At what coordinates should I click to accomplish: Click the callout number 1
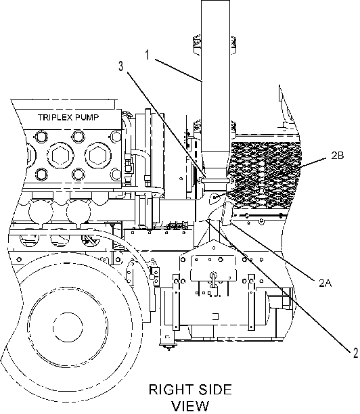(x=148, y=55)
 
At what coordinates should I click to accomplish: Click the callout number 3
(x=120, y=66)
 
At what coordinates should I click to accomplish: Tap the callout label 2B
(x=337, y=156)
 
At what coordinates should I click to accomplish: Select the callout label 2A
(x=325, y=283)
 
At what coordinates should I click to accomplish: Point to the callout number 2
(x=355, y=352)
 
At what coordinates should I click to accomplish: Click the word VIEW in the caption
(x=190, y=407)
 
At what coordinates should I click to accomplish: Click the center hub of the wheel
(x=68, y=327)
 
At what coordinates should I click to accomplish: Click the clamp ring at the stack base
(x=215, y=180)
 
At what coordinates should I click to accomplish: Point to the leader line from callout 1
(x=179, y=70)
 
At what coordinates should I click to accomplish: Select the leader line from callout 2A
(x=273, y=250)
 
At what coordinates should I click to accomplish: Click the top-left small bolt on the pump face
(x=40, y=136)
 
